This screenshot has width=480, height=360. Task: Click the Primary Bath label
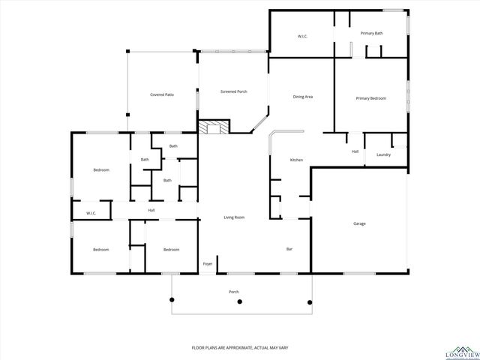(371, 33)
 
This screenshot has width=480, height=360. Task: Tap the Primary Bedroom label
(370, 98)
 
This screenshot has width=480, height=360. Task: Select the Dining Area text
(302, 97)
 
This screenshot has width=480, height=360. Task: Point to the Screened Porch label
(233, 91)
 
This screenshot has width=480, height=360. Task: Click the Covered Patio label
(162, 94)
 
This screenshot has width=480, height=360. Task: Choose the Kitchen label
(296, 160)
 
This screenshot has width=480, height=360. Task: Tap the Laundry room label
(383, 154)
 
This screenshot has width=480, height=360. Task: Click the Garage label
(359, 223)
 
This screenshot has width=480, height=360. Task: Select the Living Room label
(234, 217)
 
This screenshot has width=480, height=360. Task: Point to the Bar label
(289, 249)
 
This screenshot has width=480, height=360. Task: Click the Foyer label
(208, 264)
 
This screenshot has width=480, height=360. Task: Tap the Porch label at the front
(233, 291)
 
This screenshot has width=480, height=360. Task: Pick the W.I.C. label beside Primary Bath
(302, 36)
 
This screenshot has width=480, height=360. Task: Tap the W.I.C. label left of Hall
(91, 214)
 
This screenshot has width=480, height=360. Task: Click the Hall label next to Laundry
(355, 151)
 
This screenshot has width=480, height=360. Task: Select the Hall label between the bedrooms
(151, 210)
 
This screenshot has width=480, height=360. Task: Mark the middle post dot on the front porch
(239, 301)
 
